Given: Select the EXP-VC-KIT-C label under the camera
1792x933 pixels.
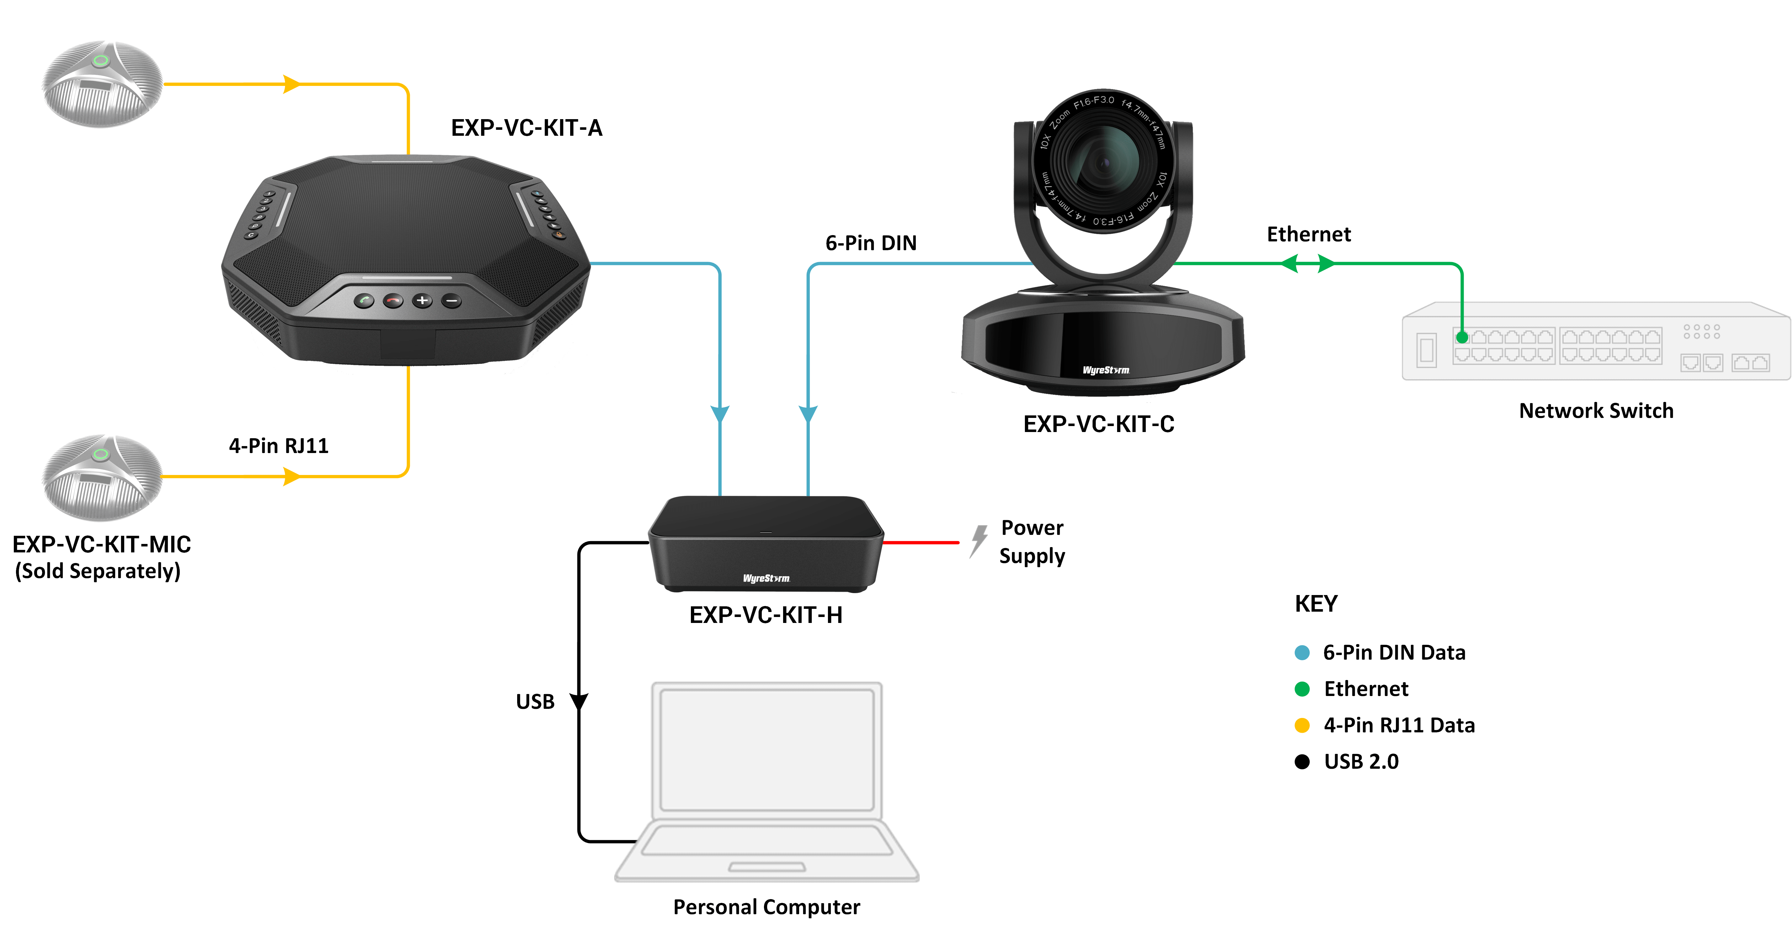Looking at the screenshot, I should click(x=1098, y=424).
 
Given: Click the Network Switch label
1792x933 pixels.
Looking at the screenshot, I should click(x=1596, y=411).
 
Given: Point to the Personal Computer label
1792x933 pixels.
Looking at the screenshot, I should click(x=766, y=907).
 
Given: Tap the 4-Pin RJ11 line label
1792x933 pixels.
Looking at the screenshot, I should click(x=278, y=445).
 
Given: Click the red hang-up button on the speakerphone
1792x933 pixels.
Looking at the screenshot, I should click(x=393, y=301).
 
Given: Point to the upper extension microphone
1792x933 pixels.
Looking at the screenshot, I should click(x=102, y=83).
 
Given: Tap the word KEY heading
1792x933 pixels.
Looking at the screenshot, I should click(x=1316, y=604).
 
